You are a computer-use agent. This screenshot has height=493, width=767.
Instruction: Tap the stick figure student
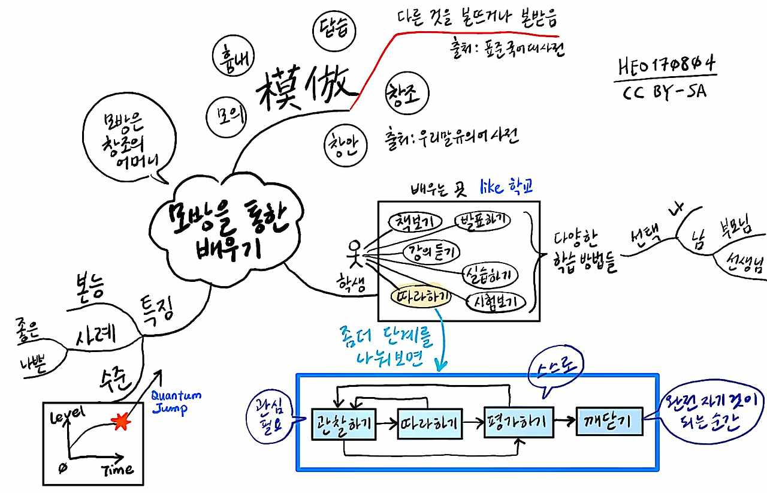point(356,253)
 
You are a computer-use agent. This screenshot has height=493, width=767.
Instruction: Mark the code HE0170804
point(666,65)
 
